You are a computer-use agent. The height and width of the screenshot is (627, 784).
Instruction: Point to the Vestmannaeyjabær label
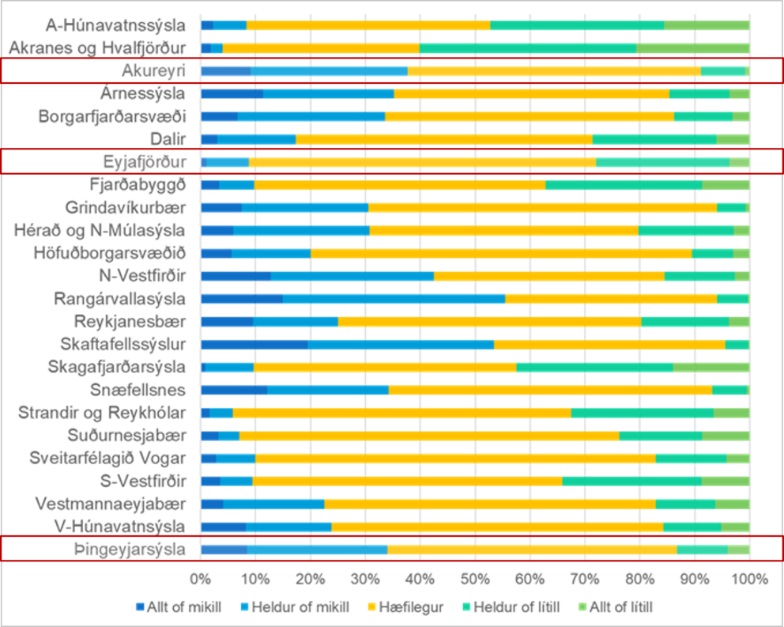111,504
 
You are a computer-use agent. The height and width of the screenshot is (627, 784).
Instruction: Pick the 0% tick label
201,578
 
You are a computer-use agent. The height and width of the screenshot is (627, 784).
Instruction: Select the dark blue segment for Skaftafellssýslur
254,345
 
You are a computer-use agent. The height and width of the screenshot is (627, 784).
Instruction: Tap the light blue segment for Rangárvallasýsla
394,299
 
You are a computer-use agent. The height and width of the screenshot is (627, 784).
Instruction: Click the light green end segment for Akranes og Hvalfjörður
692,48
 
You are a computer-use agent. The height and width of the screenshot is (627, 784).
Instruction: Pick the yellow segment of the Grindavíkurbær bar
542,208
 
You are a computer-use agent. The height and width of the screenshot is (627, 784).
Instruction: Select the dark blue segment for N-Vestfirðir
236,276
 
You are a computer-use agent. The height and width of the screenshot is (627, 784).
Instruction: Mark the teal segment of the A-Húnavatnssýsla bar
577,25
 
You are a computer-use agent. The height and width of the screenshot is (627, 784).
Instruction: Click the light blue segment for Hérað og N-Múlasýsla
301,231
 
